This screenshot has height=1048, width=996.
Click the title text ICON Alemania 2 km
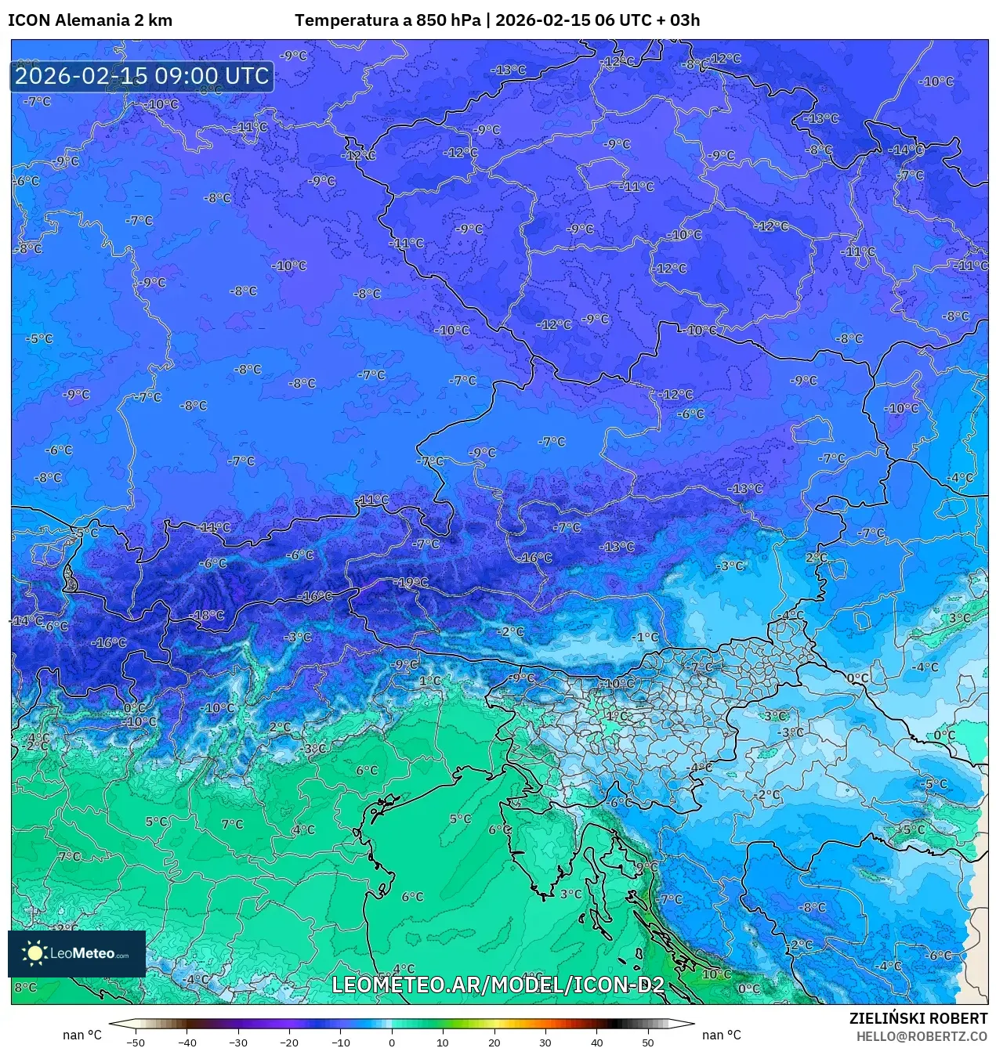click(90, 20)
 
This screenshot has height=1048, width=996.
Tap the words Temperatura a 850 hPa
click(388, 20)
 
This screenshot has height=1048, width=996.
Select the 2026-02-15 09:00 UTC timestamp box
click(142, 76)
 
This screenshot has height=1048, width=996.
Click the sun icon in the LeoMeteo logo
click(34, 952)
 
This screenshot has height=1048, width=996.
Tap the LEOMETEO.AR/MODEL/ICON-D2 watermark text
click(498, 985)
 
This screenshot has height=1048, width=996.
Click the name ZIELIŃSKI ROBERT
click(918, 1018)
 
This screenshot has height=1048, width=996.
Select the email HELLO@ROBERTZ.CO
click(922, 1036)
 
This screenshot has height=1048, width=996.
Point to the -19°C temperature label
click(413, 583)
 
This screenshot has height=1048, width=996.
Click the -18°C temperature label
click(208, 616)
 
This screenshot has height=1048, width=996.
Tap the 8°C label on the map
click(25, 987)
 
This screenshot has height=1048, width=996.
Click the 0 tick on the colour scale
click(392, 1043)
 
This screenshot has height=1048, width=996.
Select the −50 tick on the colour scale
click(135, 1043)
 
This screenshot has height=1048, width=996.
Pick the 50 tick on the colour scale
click(648, 1043)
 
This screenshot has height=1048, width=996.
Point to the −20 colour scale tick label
click(288, 1043)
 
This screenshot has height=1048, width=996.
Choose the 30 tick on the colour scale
click(545, 1043)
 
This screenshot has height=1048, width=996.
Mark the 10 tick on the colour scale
click(443, 1043)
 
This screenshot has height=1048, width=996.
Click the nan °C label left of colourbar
click(82, 1035)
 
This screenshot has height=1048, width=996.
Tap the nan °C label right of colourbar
click(722, 1035)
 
